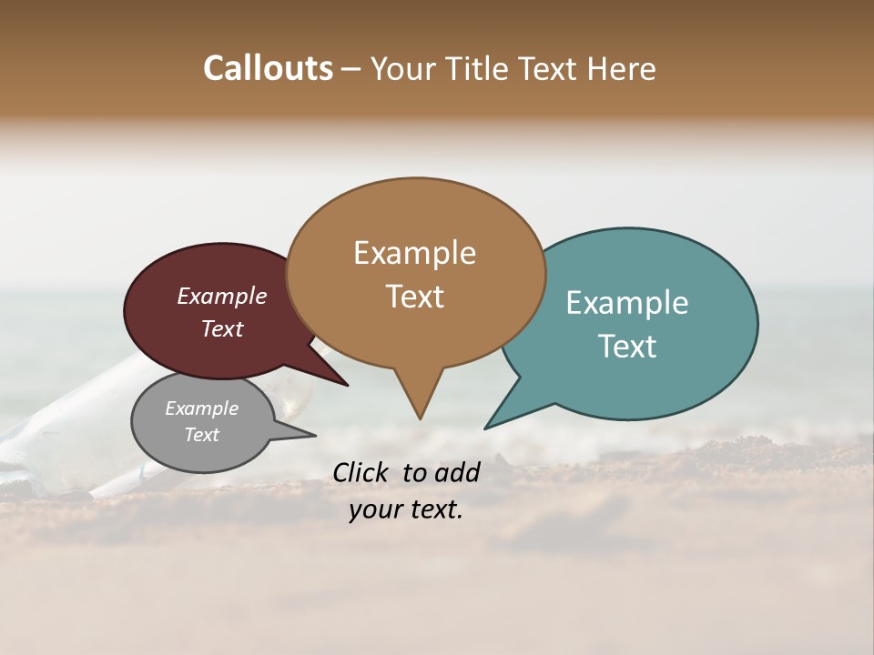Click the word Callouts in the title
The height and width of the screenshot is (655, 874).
268,68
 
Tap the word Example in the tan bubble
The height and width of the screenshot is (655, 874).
414,253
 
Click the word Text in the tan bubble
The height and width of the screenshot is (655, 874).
414,297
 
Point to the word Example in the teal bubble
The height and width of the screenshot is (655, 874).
626,303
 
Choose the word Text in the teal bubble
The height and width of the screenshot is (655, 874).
628,347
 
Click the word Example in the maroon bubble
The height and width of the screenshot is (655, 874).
221,296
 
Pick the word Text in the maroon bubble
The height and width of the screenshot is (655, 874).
221,329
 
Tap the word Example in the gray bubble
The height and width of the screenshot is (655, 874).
201,408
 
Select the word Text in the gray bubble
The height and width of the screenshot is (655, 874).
201,435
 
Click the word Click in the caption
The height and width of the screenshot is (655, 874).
361,472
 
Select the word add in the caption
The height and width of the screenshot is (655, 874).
457,472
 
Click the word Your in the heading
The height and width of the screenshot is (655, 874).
403,69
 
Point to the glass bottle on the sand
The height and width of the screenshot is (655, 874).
55,437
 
